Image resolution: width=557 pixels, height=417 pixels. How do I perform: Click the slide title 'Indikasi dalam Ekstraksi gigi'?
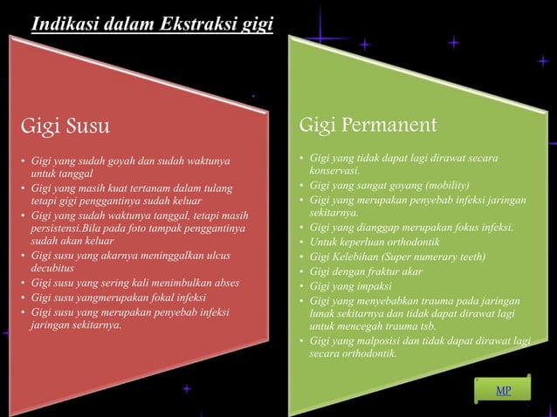[152, 23]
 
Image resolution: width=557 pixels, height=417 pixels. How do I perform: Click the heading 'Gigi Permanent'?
[368, 125]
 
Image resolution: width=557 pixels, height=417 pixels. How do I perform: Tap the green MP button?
[504, 390]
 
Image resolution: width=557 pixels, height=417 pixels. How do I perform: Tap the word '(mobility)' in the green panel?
[447, 186]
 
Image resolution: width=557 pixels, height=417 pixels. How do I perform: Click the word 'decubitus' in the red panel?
[54, 270]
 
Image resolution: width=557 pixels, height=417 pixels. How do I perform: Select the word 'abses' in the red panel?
[226, 283]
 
